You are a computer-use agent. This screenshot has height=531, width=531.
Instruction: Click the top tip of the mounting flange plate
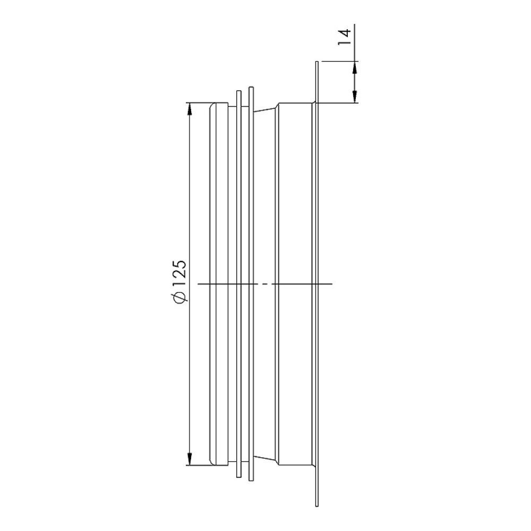pos(316,63)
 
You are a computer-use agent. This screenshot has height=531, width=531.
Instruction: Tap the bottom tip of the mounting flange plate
pos(316,506)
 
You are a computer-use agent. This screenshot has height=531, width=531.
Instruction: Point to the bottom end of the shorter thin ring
pos(238,477)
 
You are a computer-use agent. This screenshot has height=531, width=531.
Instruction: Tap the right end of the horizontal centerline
pos(332,285)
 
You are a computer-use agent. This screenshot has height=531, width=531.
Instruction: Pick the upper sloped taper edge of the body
pos(265,109)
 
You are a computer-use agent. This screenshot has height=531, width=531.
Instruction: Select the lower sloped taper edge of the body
pos(265,460)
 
